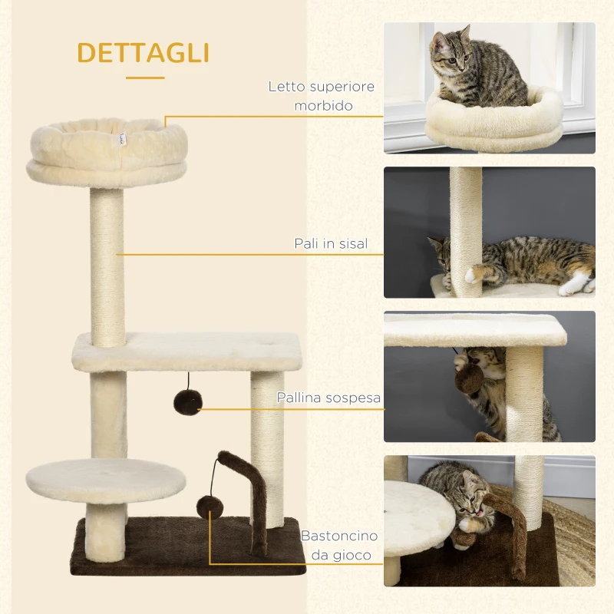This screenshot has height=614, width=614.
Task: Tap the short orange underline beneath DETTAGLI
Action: click(x=145, y=77)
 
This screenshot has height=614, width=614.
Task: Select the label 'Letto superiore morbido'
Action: click(x=322, y=96)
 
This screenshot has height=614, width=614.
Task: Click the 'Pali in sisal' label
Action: click(x=331, y=243)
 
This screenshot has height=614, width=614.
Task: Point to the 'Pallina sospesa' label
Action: click(x=328, y=399)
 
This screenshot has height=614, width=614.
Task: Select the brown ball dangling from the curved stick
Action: click(x=208, y=507)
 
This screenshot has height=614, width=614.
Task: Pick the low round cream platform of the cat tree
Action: click(x=105, y=480)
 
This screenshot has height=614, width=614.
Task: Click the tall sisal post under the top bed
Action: click(x=107, y=265)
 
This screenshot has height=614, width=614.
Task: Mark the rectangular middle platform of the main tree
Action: click(x=187, y=351)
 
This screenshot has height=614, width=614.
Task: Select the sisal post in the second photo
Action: click(x=466, y=230)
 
